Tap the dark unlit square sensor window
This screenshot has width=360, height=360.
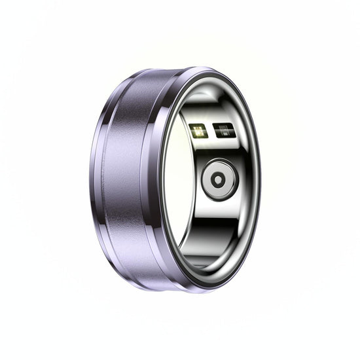[223, 130]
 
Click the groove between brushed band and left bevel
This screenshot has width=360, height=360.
[105, 177]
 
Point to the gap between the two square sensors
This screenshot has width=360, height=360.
[210, 130]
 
